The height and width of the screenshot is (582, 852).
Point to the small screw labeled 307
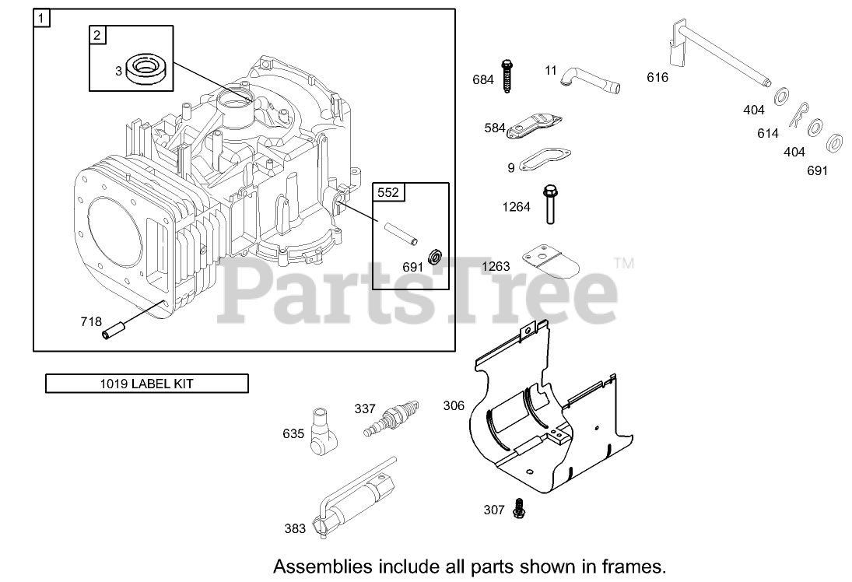tap(519, 510)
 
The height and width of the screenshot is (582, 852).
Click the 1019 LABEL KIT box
tap(146, 384)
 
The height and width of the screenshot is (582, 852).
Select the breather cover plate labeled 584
tap(535, 128)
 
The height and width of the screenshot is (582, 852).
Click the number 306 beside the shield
tap(454, 405)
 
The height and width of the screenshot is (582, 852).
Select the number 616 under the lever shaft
tap(657, 76)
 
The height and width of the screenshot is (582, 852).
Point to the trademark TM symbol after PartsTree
tap(625, 265)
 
